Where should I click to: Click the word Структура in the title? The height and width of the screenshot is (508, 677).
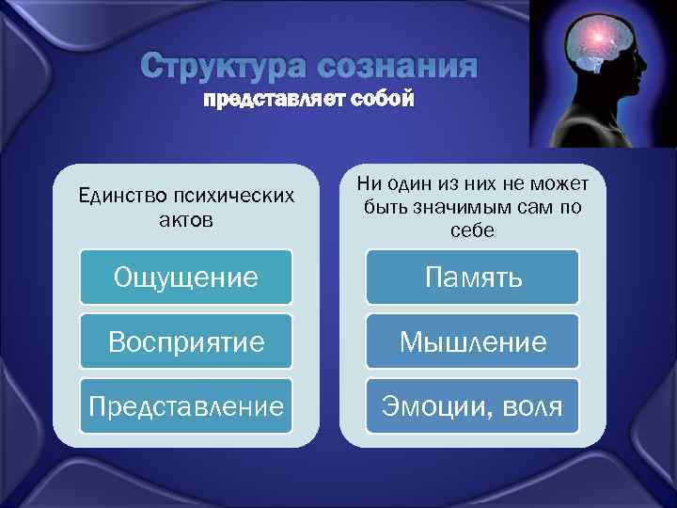(224, 68)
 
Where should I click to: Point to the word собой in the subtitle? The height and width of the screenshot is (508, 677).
(381, 101)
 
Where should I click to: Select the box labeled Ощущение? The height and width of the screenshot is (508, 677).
(185, 278)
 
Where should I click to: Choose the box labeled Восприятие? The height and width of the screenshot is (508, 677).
(185, 341)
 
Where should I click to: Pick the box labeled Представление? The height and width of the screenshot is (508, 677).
(185, 406)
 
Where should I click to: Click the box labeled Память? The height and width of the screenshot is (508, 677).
(473, 278)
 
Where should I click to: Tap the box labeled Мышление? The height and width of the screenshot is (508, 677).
(473, 341)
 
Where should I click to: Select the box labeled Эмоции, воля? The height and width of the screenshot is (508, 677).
(473, 406)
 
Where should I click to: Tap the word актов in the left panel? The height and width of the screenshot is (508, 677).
(185, 220)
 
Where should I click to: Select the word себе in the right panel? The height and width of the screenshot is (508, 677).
(472, 230)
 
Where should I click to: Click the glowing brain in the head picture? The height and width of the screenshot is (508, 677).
(600, 42)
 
